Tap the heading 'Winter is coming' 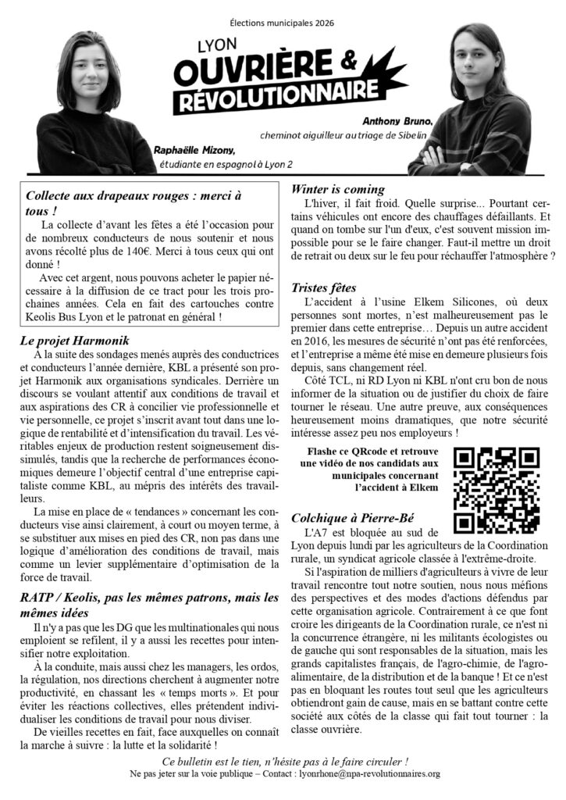338,188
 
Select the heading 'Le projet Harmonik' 74,341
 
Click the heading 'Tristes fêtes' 329,287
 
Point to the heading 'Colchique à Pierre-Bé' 352,517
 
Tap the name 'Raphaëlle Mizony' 194,149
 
